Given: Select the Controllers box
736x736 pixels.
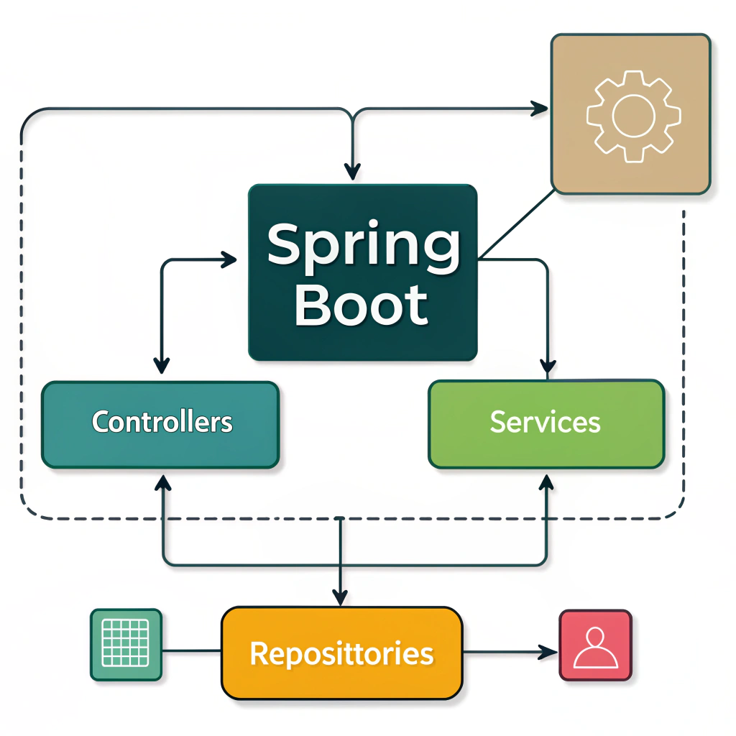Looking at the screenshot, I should [160, 424].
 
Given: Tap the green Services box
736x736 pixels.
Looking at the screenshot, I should [546, 423].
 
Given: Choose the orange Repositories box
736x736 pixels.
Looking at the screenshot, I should [341, 653].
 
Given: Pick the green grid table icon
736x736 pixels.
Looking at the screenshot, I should [126, 644].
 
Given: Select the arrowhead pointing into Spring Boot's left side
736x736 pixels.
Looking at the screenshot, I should [229, 260].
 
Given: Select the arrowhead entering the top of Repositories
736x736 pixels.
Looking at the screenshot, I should [340, 596].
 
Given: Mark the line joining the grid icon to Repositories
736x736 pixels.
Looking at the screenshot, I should [191, 651].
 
